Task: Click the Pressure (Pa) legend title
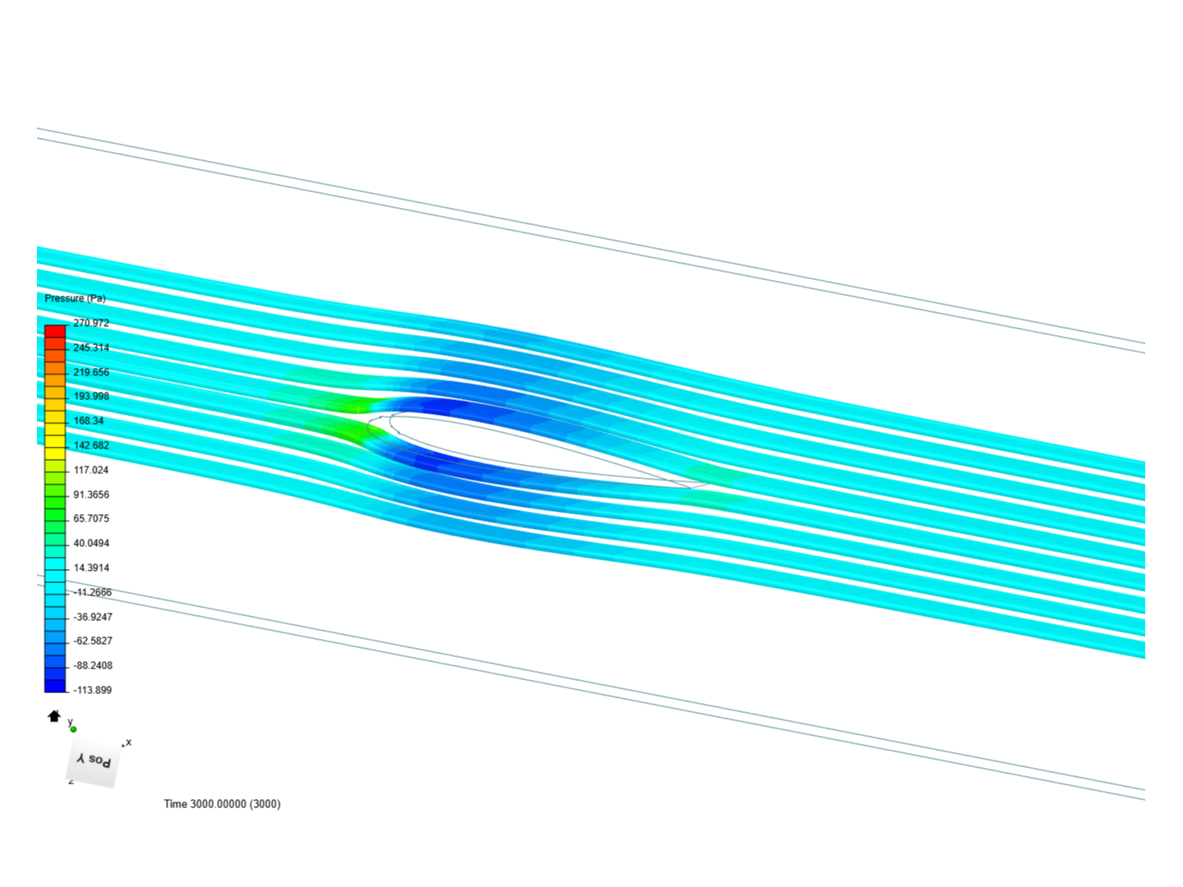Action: [x=75, y=298]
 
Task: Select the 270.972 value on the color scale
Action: [x=90, y=323]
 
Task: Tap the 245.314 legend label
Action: [x=90, y=347]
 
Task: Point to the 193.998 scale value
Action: [x=90, y=396]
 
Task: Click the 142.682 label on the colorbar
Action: [x=90, y=445]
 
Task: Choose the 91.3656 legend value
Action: [x=90, y=494]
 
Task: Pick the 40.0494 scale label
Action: [x=90, y=543]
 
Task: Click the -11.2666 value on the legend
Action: [x=92, y=592]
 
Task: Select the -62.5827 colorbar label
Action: [x=92, y=641]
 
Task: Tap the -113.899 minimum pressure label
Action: [x=92, y=690]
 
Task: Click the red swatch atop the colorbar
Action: [x=55, y=332]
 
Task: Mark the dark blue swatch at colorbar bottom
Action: [x=55, y=686]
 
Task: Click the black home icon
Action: [x=54, y=716]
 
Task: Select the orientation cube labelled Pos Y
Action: [x=92, y=761]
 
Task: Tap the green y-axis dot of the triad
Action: [x=73, y=728]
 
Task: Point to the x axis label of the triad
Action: [x=128, y=742]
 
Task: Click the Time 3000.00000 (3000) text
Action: [x=222, y=803]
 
